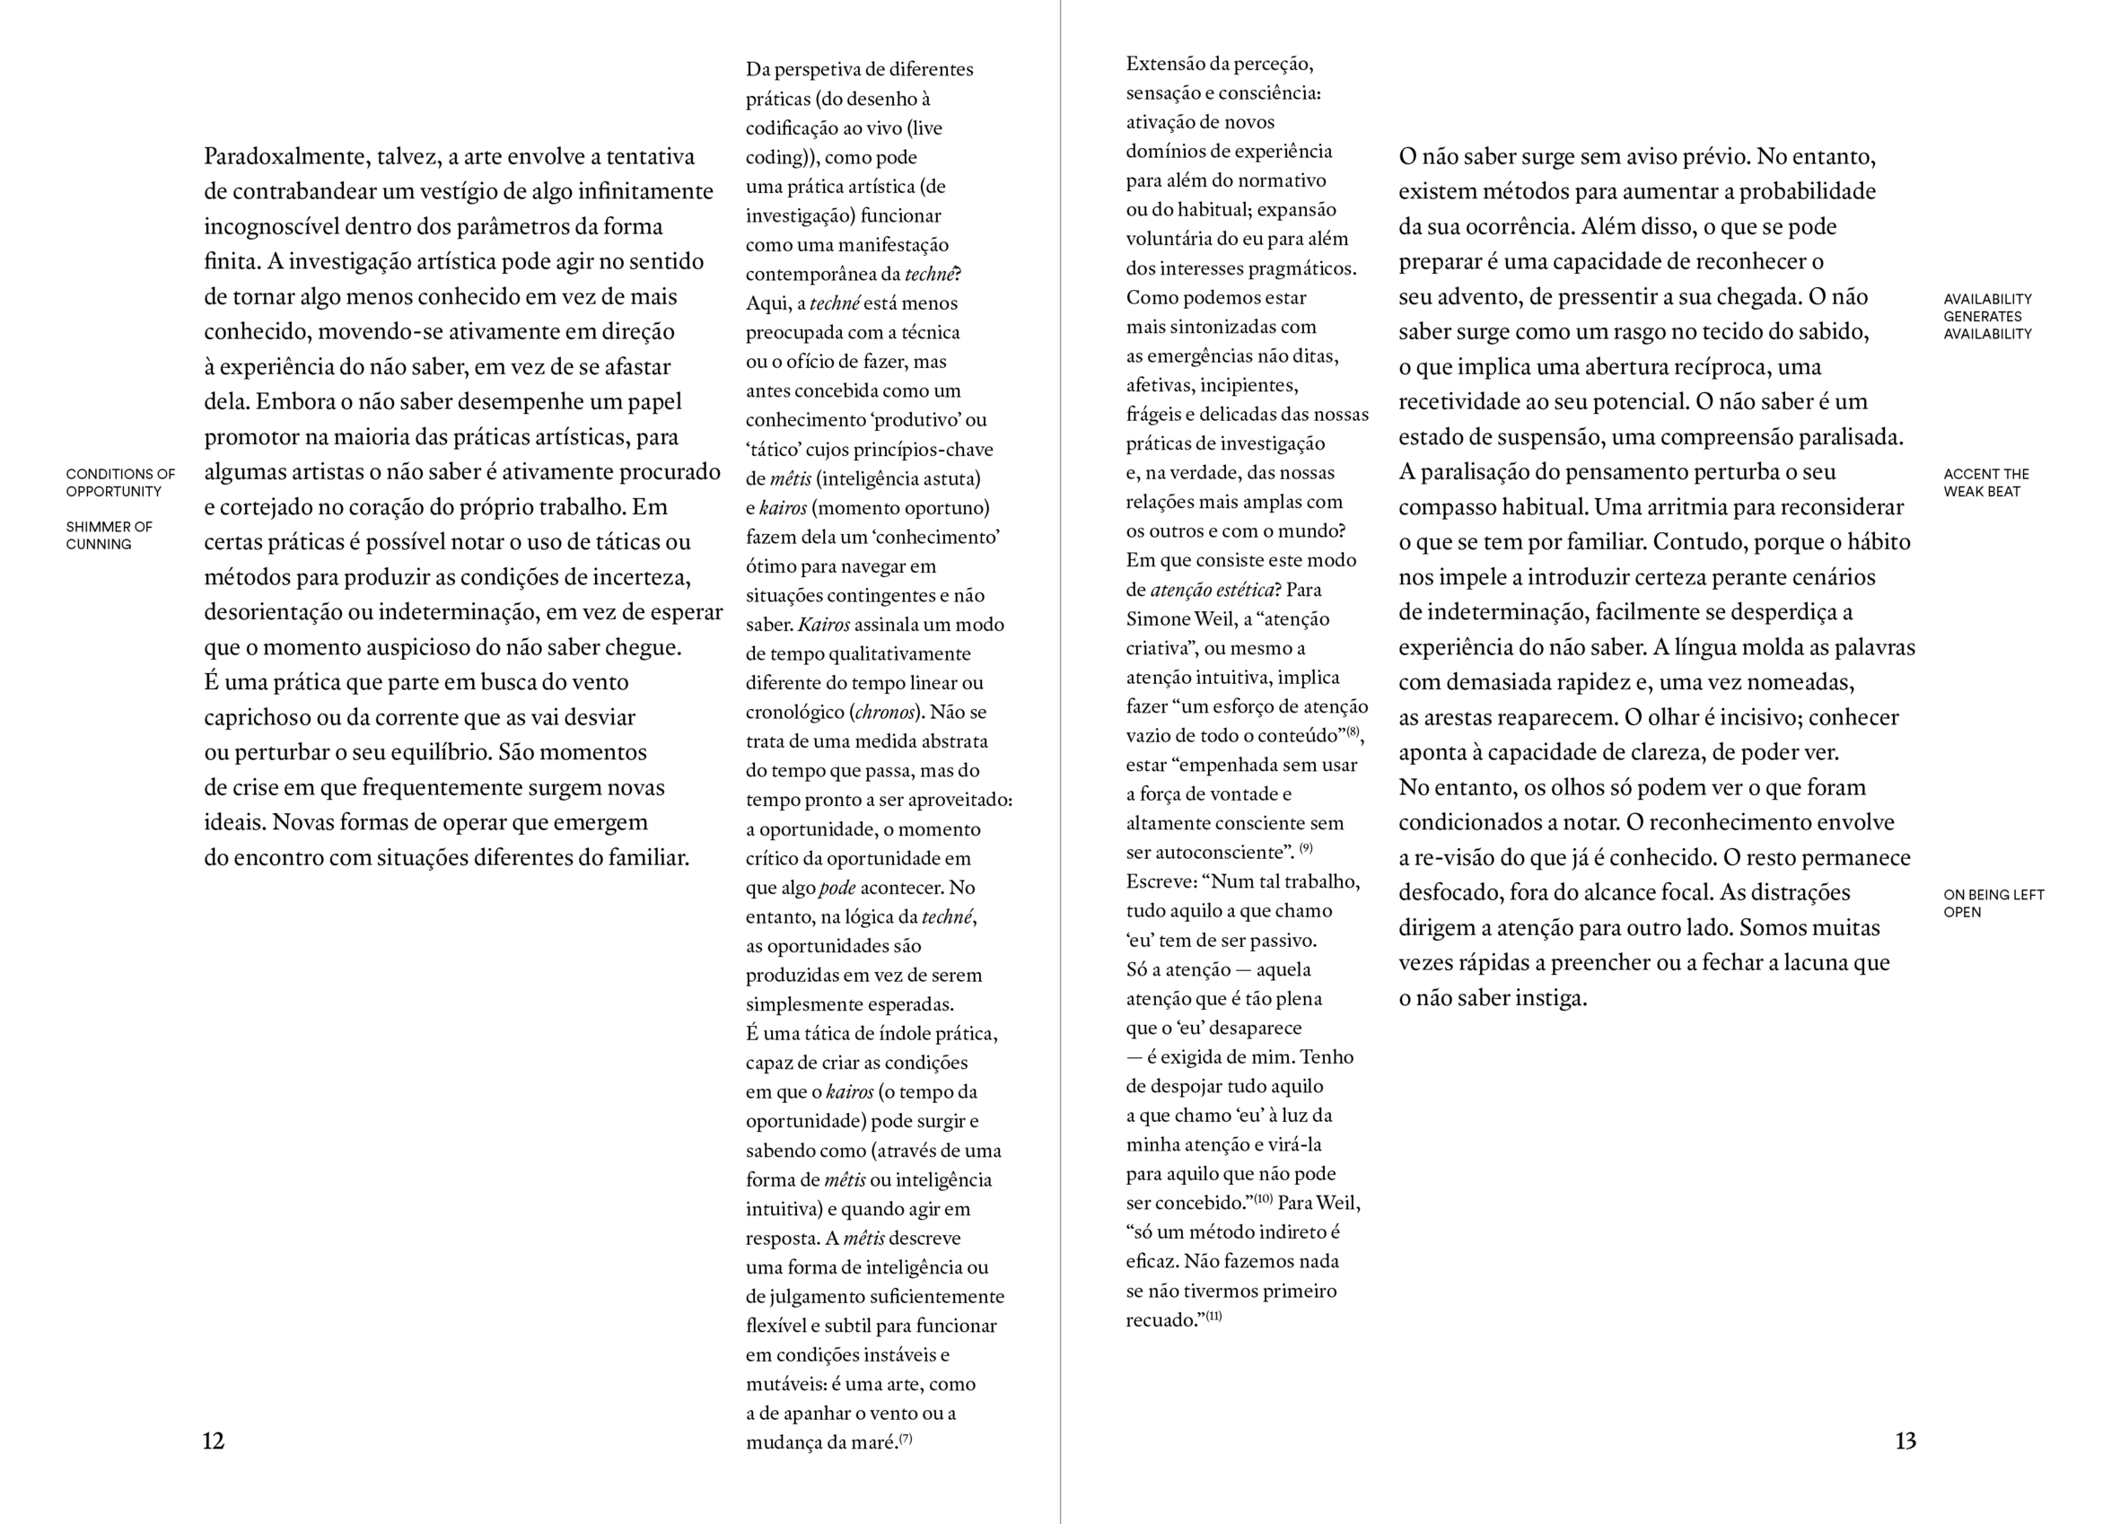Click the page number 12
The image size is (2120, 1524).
pyautogui.click(x=213, y=1441)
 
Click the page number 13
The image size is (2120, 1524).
pyautogui.click(x=1905, y=1441)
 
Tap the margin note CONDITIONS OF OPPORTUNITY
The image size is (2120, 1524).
pyautogui.click(x=120, y=483)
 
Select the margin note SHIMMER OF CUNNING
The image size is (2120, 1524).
pyautogui.click(x=109, y=535)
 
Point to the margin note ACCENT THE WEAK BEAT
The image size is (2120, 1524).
pyautogui.click(x=1986, y=483)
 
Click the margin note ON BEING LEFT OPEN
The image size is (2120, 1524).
pyautogui.click(x=1993, y=903)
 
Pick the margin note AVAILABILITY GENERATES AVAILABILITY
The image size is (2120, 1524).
pyautogui.click(x=1987, y=316)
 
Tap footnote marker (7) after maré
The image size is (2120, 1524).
pyautogui.click(x=906, y=1439)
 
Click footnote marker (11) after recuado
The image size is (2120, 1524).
pyautogui.click(x=1213, y=1317)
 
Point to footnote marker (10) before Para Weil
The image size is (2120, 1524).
pyautogui.click(x=1263, y=1198)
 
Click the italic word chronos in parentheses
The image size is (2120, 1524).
pyautogui.click(x=884, y=713)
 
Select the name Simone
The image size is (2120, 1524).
pyautogui.click(x=1157, y=619)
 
